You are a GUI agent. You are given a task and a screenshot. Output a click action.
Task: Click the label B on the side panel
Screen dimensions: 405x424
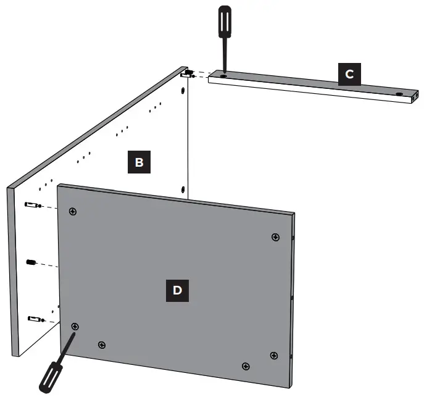(139, 162)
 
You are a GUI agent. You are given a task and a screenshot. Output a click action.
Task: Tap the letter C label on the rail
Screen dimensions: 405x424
(349, 75)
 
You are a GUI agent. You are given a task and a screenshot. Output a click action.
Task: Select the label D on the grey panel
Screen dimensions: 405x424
(177, 290)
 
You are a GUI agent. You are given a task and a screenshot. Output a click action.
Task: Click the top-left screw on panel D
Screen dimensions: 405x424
(73, 212)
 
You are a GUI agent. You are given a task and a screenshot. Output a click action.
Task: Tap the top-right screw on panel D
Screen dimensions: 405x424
(275, 237)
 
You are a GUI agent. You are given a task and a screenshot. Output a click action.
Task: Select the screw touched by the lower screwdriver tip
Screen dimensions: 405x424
(75, 326)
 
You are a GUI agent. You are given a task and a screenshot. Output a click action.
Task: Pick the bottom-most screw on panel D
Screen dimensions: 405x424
(246, 367)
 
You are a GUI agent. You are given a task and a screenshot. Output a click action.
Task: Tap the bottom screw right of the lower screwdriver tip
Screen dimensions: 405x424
(102, 344)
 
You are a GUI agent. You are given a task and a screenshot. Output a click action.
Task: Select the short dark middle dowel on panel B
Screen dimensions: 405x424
(30, 262)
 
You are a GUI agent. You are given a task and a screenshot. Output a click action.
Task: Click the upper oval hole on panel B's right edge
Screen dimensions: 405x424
(183, 91)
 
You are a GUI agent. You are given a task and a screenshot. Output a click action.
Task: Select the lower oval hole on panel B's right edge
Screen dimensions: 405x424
(183, 188)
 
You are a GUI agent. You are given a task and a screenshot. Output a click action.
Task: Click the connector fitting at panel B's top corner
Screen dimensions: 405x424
(188, 75)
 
